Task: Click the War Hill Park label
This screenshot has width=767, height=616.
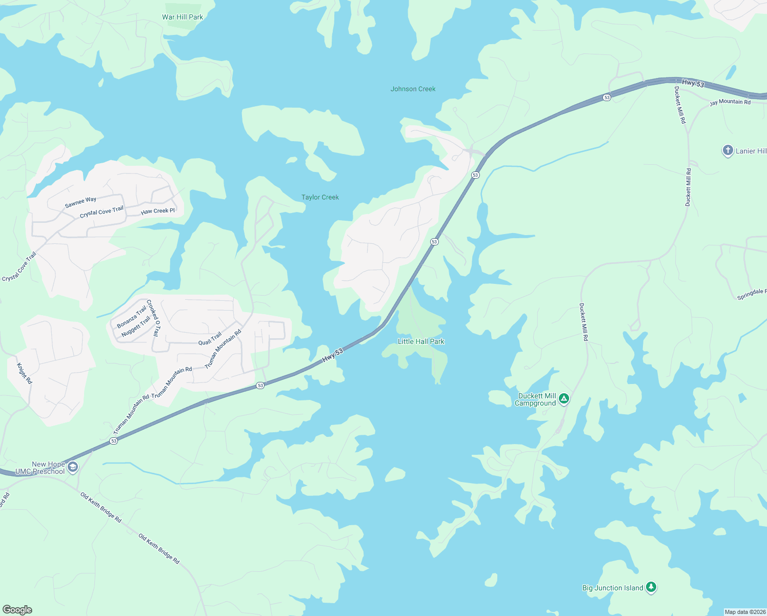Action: [183, 17]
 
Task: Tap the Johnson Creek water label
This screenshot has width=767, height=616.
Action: [413, 89]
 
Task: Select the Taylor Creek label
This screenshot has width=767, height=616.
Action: [320, 197]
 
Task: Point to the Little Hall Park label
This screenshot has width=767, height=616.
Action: [421, 341]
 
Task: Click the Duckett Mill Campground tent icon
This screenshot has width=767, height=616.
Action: [564, 398]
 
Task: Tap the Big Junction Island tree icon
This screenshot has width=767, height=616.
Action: [651, 587]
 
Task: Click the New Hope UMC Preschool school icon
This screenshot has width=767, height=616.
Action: [73, 467]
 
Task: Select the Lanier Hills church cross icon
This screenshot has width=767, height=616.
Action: [728, 150]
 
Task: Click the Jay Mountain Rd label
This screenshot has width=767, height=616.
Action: [730, 102]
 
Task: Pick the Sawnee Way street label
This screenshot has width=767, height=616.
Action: [80, 202]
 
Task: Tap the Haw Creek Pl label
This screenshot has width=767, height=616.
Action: [158, 211]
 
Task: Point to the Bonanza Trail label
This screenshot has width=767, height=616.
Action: [132, 317]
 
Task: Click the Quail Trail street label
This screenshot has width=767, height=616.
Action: [210, 339]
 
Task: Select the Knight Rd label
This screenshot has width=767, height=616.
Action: [25, 373]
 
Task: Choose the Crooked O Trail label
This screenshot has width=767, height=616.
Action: [153, 318]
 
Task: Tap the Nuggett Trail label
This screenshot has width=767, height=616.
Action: [136, 327]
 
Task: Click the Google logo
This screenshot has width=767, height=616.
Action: [17, 610]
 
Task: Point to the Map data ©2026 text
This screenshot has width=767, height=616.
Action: [744, 612]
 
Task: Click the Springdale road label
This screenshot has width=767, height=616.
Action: [752, 294]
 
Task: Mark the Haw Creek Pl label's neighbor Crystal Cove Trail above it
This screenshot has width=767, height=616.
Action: [102, 212]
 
